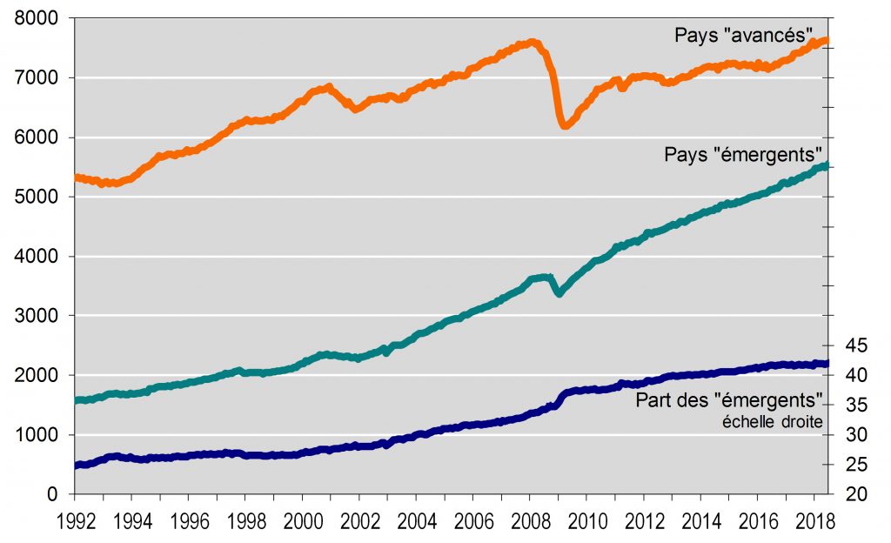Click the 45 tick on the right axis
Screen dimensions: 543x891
856,345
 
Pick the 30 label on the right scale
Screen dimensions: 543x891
856,435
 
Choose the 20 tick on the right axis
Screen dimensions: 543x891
856,494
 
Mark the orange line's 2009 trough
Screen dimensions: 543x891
565,126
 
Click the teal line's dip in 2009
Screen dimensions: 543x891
559,293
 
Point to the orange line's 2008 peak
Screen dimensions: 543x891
532,42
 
